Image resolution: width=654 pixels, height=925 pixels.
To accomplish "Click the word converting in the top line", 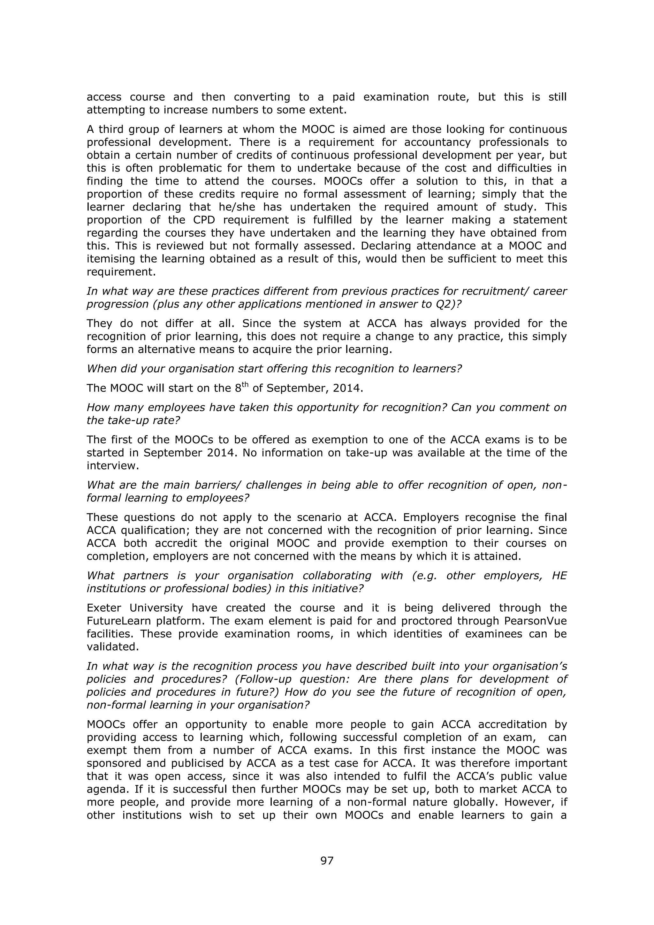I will click(x=262, y=97).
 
